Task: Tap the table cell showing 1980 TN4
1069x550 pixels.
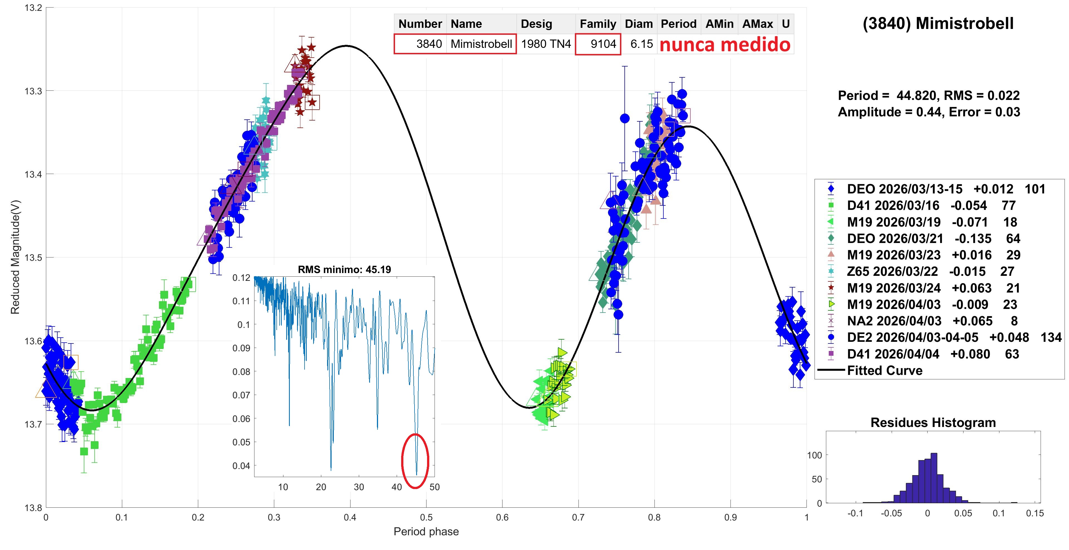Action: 546,44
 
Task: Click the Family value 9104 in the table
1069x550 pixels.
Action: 603,44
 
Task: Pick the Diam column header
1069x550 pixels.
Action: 639,24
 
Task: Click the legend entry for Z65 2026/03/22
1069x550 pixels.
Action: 892,272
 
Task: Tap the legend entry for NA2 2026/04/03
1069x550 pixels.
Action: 894,321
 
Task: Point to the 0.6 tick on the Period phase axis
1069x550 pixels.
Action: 502,518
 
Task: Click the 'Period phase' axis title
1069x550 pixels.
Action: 426,532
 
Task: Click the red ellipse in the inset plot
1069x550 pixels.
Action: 415,460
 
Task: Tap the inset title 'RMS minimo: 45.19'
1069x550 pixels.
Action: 344,270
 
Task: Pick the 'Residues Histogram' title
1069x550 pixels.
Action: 933,423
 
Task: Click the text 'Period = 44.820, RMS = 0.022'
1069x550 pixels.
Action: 929,96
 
